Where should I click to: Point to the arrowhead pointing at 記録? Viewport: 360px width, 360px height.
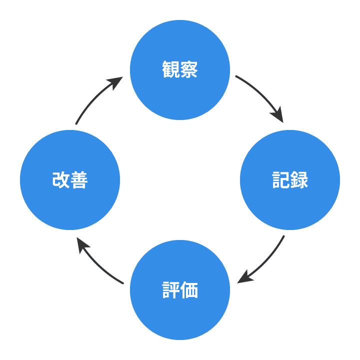tap(278, 116)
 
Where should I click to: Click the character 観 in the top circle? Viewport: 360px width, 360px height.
tap(171, 70)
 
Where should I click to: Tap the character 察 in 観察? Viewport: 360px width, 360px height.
tap(189, 70)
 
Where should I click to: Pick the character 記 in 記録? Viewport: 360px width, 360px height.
tap(281, 180)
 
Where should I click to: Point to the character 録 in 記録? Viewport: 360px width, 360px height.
tap(299, 180)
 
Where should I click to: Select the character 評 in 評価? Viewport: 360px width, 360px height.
tap(171, 290)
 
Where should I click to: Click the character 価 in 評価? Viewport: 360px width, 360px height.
tap(189, 290)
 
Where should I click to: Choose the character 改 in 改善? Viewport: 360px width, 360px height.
tap(61, 180)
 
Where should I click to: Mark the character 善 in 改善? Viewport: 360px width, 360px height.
tap(79, 180)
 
